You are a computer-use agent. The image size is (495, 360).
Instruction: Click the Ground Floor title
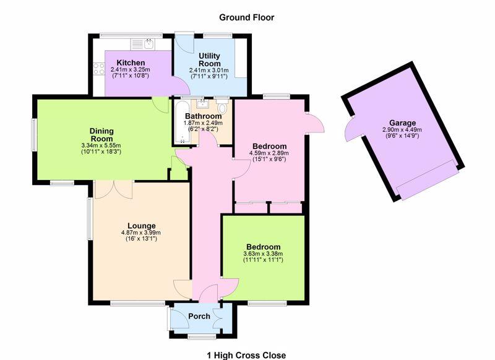(246, 17)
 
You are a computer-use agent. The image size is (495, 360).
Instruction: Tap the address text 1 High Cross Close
(246, 356)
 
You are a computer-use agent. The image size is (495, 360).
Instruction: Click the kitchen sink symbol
(142, 44)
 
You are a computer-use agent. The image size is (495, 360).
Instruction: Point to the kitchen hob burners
(99, 69)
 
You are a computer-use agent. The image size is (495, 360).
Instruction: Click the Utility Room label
(209, 59)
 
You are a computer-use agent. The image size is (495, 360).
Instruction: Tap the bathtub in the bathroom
(182, 122)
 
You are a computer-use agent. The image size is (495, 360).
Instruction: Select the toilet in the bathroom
(222, 106)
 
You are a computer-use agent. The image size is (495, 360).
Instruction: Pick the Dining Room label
(101, 135)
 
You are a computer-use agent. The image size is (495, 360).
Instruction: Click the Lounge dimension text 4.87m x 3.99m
(141, 233)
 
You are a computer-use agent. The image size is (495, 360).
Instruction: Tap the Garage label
(402, 122)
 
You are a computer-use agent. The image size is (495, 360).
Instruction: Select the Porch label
(199, 316)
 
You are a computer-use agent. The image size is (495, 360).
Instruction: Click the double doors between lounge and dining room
(114, 190)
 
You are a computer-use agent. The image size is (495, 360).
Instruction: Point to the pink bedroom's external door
(315, 122)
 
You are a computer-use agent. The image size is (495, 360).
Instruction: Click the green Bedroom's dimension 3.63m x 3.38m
(263, 254)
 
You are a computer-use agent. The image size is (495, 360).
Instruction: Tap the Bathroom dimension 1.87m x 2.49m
(203, 123)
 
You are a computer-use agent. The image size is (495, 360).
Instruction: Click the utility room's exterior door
(184, 44)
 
